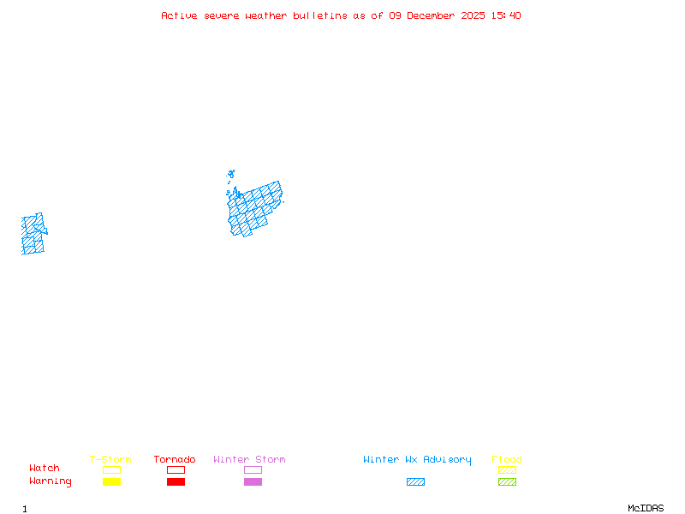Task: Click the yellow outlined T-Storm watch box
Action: tap(111, 469)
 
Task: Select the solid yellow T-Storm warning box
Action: tap(111, 482)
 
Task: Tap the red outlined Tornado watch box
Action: tap(176, 469)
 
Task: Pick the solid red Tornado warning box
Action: tap(176, 482)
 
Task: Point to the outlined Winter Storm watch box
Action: tap(253, 469)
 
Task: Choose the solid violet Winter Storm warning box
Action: tap(253, 482)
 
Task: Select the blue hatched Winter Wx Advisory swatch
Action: tap(415, 482)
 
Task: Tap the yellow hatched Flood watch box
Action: tap(507, 469)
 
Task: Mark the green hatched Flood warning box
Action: tap(507, 482)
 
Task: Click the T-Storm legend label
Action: tap(110, 460)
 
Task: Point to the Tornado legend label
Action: tap(175, 460)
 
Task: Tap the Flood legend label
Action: tap(507, 460)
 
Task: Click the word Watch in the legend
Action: tap(45, 469)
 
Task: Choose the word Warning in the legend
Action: tap(51, 481)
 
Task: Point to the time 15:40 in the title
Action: tap(506, 15)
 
